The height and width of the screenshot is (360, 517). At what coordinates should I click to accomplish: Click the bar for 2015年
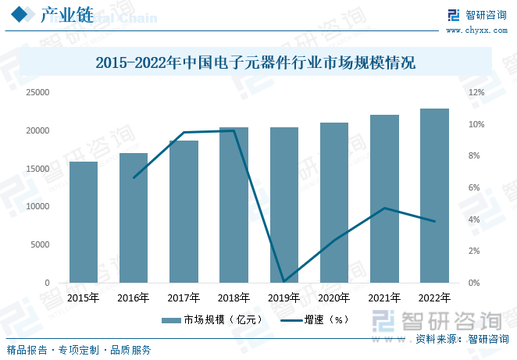(x=84, y=223)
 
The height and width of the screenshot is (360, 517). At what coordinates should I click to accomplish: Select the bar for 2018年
(x=234, y=205)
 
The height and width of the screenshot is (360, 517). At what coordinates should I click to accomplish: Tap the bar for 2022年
(x=434, y=195)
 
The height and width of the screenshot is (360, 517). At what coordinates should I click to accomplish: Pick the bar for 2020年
(x=334, y=202)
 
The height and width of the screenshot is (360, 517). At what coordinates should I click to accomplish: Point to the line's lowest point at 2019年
(x=284, y=281)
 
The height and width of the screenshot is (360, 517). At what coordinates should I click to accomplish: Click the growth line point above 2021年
(x=384, y=208)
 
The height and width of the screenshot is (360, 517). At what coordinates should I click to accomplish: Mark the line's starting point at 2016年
(x=134, y=178)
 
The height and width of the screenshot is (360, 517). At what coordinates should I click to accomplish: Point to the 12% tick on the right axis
(x=476, y=92)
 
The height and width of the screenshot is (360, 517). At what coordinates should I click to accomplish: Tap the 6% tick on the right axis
(x=474, y=187)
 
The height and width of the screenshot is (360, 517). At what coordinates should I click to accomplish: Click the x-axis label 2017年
(x=184, y=298)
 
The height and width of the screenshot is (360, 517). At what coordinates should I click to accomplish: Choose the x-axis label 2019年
(x=284, y=298)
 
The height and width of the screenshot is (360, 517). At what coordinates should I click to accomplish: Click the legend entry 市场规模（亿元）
(x=211, y=319)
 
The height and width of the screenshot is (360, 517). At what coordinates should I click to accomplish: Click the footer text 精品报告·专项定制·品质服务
(x=78, y=350)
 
